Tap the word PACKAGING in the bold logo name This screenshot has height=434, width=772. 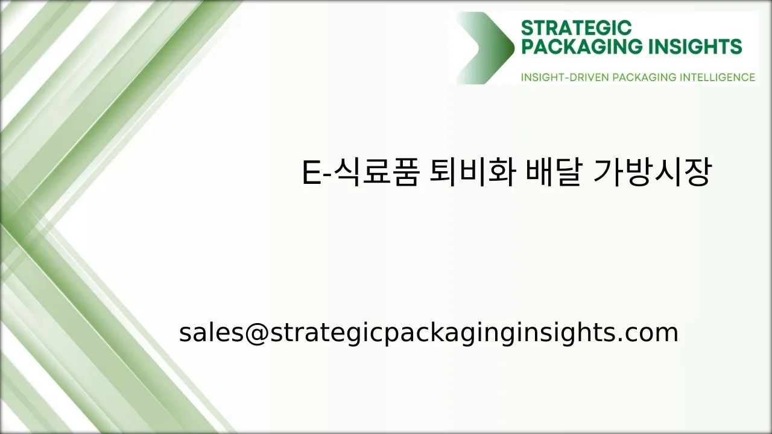point(578,47)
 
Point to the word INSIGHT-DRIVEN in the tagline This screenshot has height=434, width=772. point(565,77)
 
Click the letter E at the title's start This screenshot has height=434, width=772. point(309,174)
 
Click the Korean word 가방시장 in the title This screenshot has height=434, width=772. point(652,172)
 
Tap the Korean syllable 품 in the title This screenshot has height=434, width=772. point(403,172)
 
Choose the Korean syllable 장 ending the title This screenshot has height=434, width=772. point(697,172)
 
